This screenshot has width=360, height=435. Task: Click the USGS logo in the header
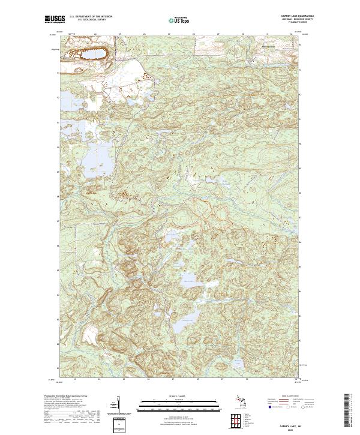click(x=55, y=20)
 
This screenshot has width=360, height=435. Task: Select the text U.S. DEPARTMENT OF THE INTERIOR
click(x=91, y=16)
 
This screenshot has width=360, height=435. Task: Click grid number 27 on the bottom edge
click(x=172, y=380)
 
